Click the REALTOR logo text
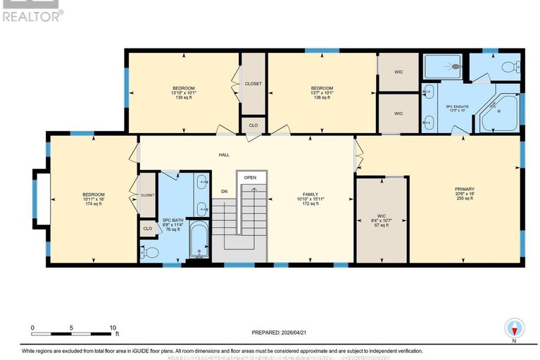pyautogui.click(x=32, y=15)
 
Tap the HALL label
pyautogui.click(x=223, y=154)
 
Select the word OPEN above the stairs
pyautogui.click(x=250, y=178)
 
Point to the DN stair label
pyautogui.click(x=224, y=192)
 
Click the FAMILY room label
pyautogui.click(x=310, y=194)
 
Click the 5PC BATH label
pyautogui.click(x=172, y=221)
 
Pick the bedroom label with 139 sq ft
pyautogui.click(x=183, y=88)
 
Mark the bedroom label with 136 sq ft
pyautogui.click(x=322, y=88)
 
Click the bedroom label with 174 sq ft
pyautogui.click(x=94, y=194)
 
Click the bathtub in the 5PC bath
pyautogui.click(x=199, y=242)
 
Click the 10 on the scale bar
pyautogui.click(x=112, y=328)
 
